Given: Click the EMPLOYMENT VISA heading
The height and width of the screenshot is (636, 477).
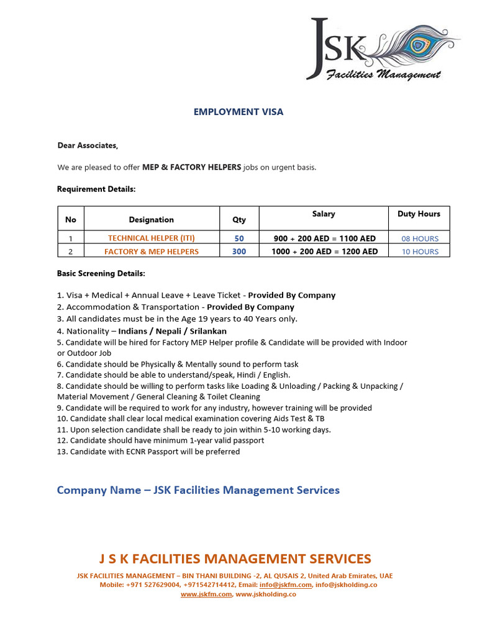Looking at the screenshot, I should click(x=238, y=112).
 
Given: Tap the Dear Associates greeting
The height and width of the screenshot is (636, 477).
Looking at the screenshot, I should click(x=87, y=145).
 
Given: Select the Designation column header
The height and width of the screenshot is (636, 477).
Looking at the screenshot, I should click(x=151, y=219).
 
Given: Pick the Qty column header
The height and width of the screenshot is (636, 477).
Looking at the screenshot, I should click(x=239, y=219).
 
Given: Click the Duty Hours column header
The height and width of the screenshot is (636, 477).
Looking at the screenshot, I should click(x=419, y=214).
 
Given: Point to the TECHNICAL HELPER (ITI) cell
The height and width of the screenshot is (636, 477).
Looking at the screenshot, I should click(x=152, y=238).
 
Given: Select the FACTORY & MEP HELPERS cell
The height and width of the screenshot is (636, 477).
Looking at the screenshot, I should click(x=152, y=252).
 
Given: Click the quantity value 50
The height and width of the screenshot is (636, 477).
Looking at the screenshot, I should click(x=239, y=238).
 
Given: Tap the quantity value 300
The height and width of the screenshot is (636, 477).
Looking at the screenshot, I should click(x=239, y=252).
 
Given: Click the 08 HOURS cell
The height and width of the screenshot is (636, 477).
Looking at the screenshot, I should click(x=420, y=238).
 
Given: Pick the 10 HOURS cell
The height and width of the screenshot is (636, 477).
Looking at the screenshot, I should click(x=420, y=252).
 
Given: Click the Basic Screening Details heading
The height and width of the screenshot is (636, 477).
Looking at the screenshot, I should click(x=101, y=273).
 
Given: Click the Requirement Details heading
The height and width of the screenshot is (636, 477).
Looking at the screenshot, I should click(x=96, y=189).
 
